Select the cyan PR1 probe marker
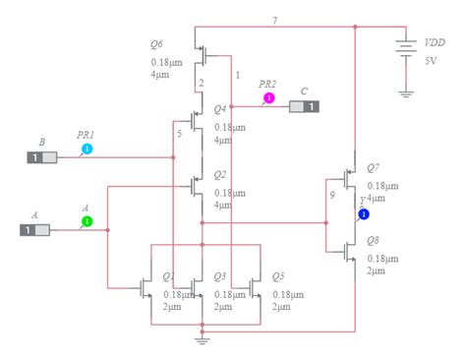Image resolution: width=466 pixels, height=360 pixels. [x=87, y=150]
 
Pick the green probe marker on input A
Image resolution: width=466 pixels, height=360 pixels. [x=87, y=222]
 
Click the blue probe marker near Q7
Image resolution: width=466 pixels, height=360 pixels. [x=364, y=213]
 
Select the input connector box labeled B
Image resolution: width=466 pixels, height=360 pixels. [x=41, y=157]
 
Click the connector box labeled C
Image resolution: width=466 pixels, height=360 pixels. [x=305, y=106]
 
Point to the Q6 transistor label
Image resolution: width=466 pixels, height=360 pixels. [x=156, y=43]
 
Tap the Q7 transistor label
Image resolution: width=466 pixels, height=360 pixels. [x=374, y=168]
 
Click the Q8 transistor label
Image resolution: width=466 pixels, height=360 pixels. [x=374, y=240]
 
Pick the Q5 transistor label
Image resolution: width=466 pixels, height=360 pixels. [x=277, y=276]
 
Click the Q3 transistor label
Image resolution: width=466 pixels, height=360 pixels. [x=220, y=276]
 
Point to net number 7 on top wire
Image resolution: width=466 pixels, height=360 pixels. [x=274, y=20]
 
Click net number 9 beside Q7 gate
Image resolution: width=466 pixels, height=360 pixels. [x=332, y=194]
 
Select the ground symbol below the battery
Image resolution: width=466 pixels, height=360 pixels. [x=403, y=94]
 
